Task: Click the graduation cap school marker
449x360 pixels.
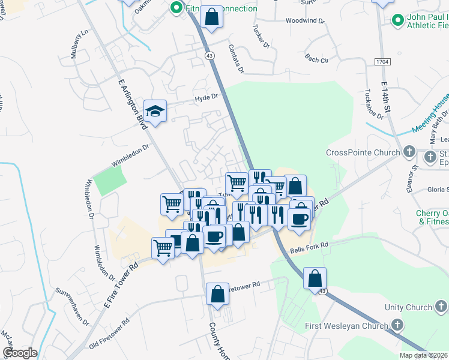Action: click(155, 111)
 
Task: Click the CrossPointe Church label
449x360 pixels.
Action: click(363, 152)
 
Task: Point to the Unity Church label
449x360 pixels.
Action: click(409, 308)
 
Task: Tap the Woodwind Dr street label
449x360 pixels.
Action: click(305, 20)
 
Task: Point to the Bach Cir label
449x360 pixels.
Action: click(317, 59)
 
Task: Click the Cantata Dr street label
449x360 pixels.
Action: click(237, 58)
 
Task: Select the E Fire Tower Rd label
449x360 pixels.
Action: click(121, 285)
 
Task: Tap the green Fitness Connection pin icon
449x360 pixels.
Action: click(176, 8)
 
